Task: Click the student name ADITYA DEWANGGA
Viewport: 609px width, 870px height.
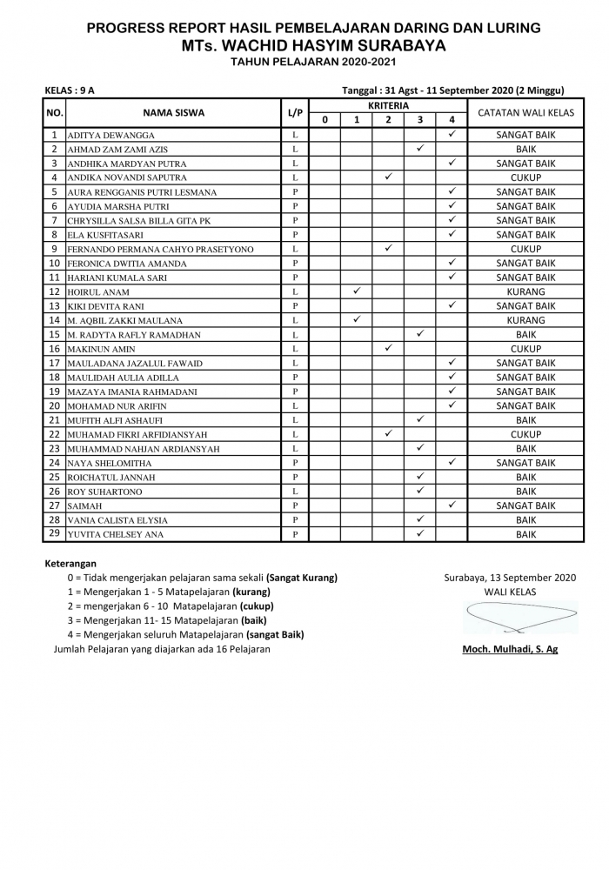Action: point(111,136)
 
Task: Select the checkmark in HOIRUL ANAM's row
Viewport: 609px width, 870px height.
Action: point(357,291)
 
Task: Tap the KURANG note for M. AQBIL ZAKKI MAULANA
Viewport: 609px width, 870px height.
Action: point(525,320)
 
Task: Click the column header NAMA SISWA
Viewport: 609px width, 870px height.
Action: point(173,113)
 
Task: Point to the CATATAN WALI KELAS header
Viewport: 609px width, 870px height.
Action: point(525,113)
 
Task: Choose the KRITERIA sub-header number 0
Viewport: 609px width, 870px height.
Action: point(325,120)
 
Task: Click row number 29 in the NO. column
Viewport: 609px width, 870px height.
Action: point(54,533)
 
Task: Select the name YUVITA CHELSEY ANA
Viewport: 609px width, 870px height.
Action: point(115,535)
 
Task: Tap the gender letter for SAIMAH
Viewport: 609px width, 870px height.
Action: point(295,505)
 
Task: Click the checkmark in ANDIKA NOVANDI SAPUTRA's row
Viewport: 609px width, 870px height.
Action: point(388,177)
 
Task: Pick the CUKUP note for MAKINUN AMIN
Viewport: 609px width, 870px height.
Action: point(525,349)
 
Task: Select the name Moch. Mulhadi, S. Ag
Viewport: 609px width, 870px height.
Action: point(510,649)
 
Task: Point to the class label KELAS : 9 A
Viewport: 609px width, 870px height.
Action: point(70,90)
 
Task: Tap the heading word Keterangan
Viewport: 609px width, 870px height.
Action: point(70,563)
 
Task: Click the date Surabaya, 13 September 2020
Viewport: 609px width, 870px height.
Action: point(510,577)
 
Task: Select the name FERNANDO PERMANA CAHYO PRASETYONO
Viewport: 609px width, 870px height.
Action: point(160,250)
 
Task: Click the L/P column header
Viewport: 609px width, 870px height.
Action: point(295,113)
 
